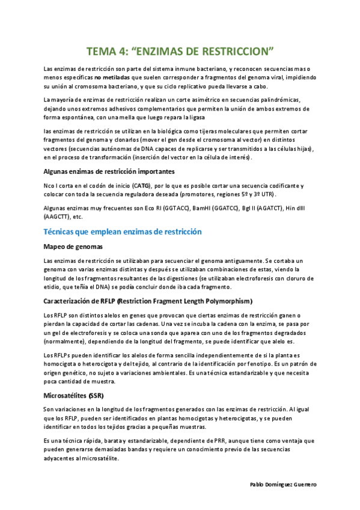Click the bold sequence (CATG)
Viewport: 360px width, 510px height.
click(142, 186)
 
